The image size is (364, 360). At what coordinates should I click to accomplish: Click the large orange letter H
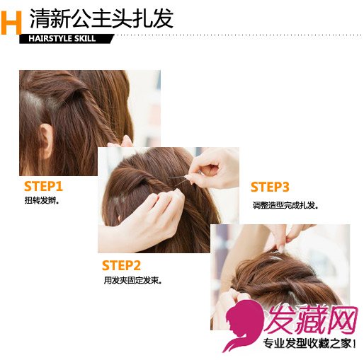11,23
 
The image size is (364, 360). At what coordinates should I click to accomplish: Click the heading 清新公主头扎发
102,19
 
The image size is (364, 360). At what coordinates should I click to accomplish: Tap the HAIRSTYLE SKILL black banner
67,39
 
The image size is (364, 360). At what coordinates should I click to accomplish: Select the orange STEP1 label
43,186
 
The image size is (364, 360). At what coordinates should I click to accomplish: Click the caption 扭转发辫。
42,200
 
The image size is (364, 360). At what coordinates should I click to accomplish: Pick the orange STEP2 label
121,265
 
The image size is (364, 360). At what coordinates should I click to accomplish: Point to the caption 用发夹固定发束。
132,280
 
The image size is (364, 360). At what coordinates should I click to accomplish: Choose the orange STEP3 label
270,187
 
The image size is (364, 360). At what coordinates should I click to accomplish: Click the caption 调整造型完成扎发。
285,205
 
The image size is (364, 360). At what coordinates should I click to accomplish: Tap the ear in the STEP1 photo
47,139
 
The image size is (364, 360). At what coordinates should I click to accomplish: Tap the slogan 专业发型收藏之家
307,344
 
